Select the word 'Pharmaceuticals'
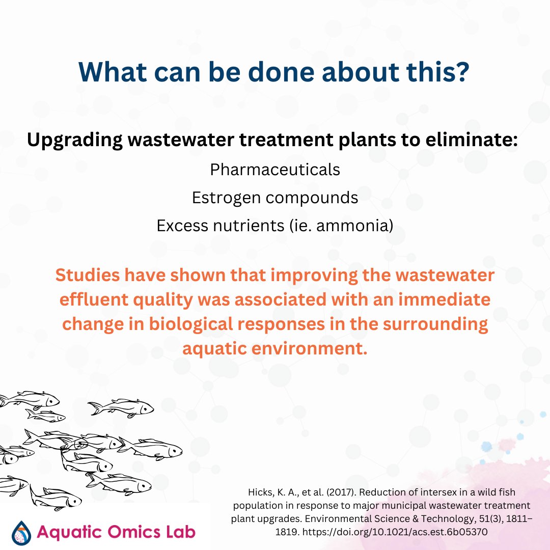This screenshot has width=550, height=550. coord(275,169)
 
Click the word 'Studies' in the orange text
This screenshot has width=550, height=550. coord(87,275)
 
